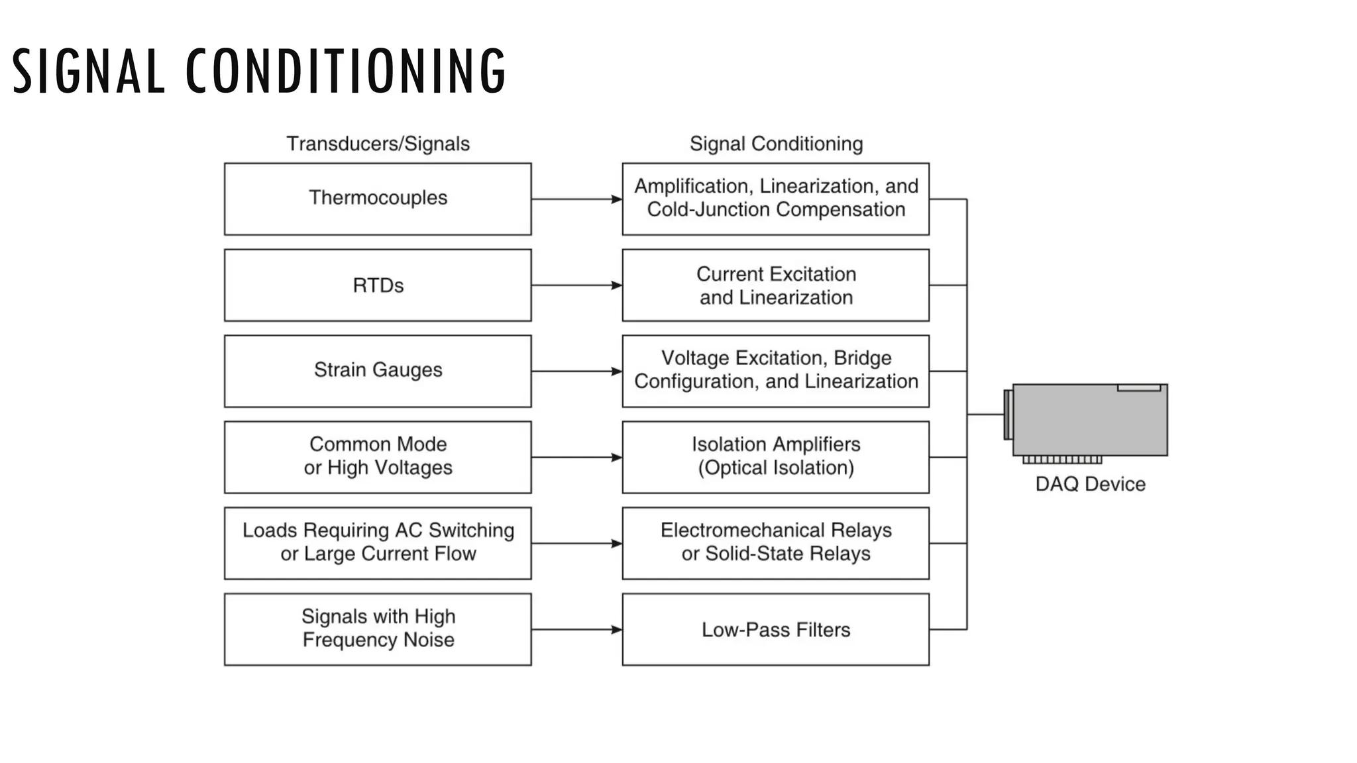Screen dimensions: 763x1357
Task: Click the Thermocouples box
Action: (378, 199)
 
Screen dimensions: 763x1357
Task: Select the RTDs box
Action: (378, 285)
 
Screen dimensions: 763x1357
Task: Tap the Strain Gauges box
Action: (378, 371)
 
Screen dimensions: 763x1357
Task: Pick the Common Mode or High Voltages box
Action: (378, 457)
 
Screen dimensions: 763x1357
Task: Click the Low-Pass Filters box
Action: (775, 629)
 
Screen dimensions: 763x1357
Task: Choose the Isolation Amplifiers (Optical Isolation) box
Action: (775, 457)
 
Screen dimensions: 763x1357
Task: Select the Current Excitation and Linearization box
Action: (775, 285)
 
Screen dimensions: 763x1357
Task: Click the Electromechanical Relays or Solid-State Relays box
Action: (775, 543)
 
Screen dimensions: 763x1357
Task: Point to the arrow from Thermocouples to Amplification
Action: (576, 199)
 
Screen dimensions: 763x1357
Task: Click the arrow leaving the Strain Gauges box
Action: (576, 372)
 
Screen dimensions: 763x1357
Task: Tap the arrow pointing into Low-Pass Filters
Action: (576, 629)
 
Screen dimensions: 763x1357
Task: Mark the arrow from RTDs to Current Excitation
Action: (576, 285)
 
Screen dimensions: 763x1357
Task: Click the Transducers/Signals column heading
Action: (378, 144)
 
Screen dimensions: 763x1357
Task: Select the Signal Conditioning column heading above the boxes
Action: (776, 144)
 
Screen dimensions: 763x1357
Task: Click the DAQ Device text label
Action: (1090, 484)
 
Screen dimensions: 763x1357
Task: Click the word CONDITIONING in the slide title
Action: (345, 71)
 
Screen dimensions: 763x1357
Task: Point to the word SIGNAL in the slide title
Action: (88, 71)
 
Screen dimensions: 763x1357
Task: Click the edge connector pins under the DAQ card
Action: (1062, 460)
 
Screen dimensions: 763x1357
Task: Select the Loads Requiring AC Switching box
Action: (378, 543)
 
